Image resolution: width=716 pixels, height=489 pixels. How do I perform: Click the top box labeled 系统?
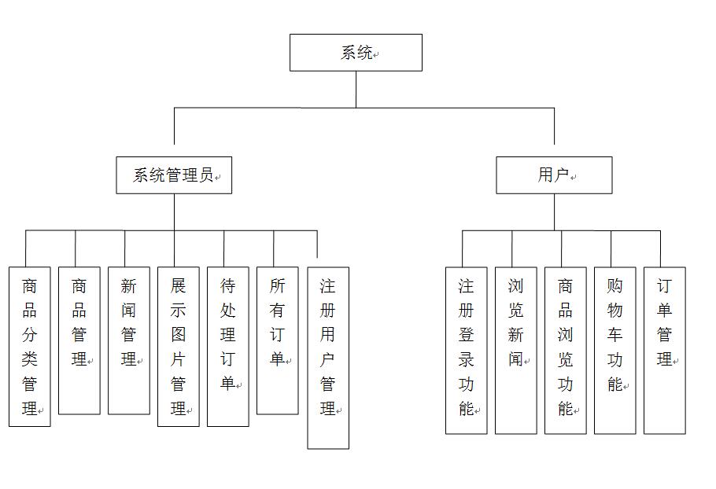pyautogui.click(x=356, y=53)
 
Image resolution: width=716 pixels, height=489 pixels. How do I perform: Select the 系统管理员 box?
pyautogui.click(x=174, y=175)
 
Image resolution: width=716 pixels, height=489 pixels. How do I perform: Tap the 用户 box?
pyautogui.click(x=554, y=175)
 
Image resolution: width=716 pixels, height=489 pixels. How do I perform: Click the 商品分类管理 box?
pyautogui.click(x=30, y=347)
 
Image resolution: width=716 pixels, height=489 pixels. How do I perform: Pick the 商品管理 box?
pyautogui.click(x=79, y=340)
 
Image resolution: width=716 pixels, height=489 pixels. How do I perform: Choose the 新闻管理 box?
pyautogui.click(x=129, y=340)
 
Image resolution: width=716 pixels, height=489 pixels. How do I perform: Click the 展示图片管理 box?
pyautogui.click(x=179, y=347)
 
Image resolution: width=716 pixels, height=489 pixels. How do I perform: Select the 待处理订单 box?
pyautogui.click(x=228, y=347)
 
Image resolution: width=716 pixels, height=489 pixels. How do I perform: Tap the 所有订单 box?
pyautogui.click(x=278, y=340)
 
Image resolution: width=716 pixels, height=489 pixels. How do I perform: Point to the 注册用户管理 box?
pyautogui.click(x=328, y=358)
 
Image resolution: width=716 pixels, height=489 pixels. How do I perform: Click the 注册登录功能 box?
pyautogui.click(x=467, y=351)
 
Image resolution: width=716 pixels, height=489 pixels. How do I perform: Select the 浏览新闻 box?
pyautogui.click(x=516, y=351)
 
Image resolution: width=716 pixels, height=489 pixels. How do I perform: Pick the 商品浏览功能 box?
pyautogui.click(x=565, y=351)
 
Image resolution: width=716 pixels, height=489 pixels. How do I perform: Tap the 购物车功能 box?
pyautogui.click(x=615, y=351)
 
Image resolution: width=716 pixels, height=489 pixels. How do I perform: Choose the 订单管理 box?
pyautogui.click(x=664, y=351)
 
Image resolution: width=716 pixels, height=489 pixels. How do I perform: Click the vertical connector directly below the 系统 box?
pyautogui.click(x=356, y=90)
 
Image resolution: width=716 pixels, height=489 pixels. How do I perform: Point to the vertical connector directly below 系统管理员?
pyautogui.click(x=174, y=212)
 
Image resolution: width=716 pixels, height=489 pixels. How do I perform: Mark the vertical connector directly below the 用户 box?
pyautogui.click(x=555, y=212)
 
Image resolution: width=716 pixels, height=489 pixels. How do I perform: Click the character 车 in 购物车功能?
pyautogui.click(x=615, y=335)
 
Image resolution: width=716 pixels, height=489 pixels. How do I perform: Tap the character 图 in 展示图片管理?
pyautogui.click(x=178, y=335)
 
